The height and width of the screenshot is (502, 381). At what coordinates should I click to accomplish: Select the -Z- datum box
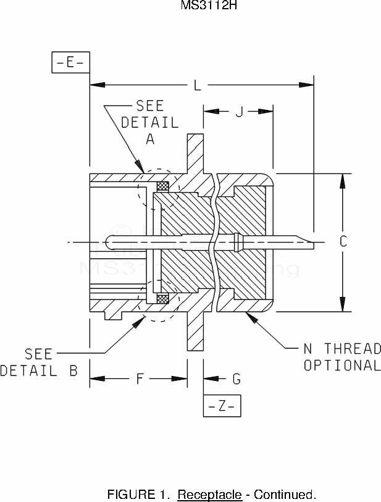(x=222, y=406)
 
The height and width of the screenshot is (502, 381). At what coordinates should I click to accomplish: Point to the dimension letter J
(x=238, y=112)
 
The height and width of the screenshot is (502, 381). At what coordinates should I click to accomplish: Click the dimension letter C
(x=344, y=241)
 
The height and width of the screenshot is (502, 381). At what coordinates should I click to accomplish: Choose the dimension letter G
(x=237, y=379)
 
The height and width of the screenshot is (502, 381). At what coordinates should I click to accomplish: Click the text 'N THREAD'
(x=342, y=348)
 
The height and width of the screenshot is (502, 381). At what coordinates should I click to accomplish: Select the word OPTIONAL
(x=342, y=365)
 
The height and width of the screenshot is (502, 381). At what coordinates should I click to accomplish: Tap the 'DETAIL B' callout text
(x=38, y=370)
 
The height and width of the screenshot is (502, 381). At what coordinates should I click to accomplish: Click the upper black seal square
(x=164, y=185)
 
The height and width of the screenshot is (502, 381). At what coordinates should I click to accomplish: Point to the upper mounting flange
(x=195, y=154)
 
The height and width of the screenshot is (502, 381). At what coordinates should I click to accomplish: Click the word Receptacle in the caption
(x=209, y=495)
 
